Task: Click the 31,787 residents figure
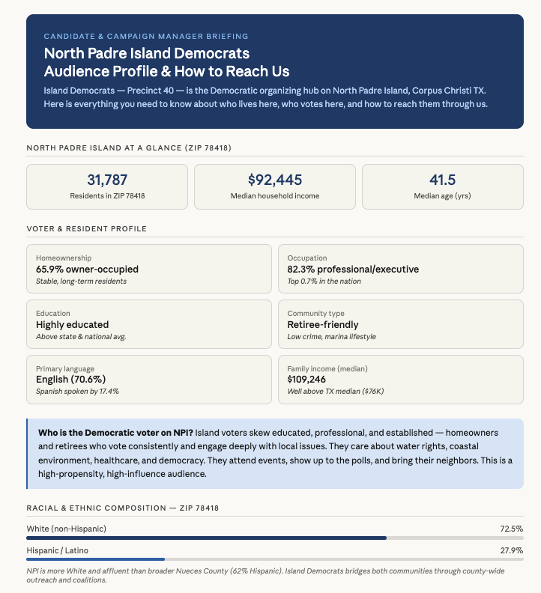tap(107, 180)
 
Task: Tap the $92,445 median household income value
tap(274, 180)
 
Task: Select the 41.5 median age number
tap(442, 180)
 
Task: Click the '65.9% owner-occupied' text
tap(87, 270)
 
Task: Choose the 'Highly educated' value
tap(72, 325)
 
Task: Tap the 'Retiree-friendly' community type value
tap(323, 325)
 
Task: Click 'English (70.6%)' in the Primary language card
tap(73, 380)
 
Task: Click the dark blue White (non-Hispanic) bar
tap(206, 538)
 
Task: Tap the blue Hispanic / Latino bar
tap(95, 559)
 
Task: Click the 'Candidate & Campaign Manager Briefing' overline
tap(146, 36)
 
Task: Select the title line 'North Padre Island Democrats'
tap(147, 54)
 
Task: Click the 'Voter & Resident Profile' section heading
tap(86, 228)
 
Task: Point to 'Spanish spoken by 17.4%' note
tap(77, 392)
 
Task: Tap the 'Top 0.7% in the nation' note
tap(324, 281)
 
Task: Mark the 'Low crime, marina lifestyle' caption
tap(331, 336)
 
